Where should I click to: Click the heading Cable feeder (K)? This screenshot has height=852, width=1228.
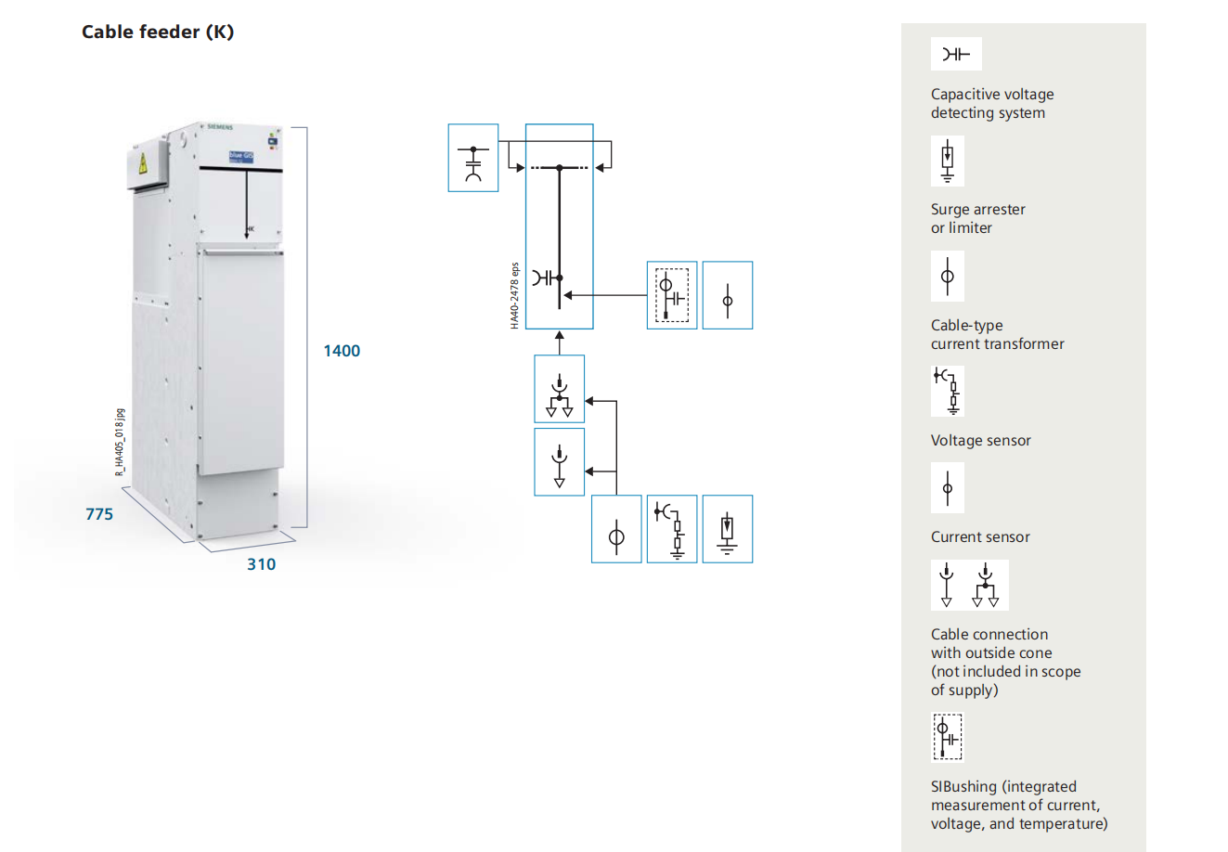(x=158, y=32)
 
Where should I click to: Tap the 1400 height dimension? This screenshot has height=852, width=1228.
(x=342, y=351)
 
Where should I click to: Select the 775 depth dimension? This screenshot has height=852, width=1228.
(x=99, y=514)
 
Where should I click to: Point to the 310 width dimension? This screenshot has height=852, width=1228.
(x=261, y=564)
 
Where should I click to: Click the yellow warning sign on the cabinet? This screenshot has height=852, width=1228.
(x=143, y=165)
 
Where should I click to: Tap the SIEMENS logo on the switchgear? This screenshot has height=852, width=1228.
(x=220, y=126)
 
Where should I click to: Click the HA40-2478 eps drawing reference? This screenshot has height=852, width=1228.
(x=515, y=295)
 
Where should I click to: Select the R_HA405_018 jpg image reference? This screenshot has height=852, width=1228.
(x=120, y=443)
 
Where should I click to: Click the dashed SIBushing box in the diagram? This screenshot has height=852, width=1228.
(x=672, y=295)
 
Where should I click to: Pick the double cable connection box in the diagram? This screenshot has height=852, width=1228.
(x=560, y=389)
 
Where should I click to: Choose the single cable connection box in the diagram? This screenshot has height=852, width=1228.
(x=560, y=461)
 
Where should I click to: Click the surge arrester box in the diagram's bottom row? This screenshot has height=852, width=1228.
(x=728, y=529)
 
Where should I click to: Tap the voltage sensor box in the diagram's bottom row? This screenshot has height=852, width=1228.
(x=672, y=529)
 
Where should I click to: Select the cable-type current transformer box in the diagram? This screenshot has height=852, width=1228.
(x=616, y=529)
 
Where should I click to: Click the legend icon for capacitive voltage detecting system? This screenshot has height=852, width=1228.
(x=956, y=54)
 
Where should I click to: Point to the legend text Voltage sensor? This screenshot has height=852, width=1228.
(x=981, y=441)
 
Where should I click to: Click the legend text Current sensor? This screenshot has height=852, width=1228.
(x=980, y=537)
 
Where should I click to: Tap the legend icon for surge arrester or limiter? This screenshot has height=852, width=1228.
(x=948, y=161)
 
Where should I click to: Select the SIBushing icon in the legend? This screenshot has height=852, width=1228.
(x=948, y=736)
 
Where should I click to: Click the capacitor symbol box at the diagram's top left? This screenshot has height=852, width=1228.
(x=473, y=158)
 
